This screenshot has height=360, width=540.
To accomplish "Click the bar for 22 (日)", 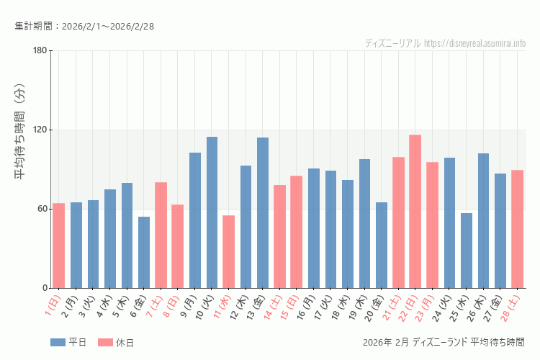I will [415, 212].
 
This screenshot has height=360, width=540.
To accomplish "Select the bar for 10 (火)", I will [212, 212].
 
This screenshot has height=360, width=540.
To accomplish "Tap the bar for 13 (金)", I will [263, 213].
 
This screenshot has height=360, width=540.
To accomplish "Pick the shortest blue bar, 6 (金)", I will [144, 252].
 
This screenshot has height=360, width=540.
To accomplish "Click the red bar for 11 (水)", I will [228, 251].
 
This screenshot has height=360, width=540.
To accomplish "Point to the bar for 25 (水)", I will [467, 251].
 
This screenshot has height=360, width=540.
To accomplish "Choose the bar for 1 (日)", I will [59, 246].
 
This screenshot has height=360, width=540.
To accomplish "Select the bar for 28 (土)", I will [517, 229].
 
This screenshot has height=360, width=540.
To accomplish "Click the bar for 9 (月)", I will [195, 220].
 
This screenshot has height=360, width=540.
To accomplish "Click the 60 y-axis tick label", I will [42, 209].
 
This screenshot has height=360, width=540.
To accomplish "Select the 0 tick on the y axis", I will [44, 288].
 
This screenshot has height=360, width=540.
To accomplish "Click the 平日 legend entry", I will [68, 342].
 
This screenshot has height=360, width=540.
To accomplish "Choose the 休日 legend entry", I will [115, 342].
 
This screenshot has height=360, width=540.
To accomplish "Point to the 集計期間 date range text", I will [84, 27].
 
